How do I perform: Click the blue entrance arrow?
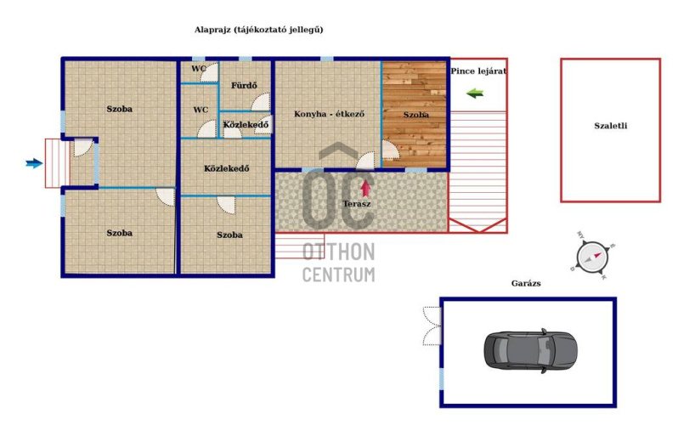(x=34, y=163)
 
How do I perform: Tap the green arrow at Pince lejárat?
(x=475, y=93)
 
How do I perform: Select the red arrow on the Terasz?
(x=366, y=188)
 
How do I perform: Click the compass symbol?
(x=592, y=258)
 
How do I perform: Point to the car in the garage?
(x=530, y=350)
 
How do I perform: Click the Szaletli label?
(x=611, y=126)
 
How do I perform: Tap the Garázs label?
(x=526, y=284)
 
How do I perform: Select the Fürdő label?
(x=244, y=85)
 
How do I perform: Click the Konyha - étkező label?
(x=329, y=114)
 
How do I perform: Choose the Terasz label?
(x=357, y=204)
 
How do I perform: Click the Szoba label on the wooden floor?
(x=416, y=115)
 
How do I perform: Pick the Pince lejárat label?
(x=478, y=71)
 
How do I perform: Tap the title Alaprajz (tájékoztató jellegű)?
(x=258, y=30)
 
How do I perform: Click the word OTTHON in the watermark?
(x=338, y=252)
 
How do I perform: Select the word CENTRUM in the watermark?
(x=338, y=275)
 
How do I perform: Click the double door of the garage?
(x=432, y=326)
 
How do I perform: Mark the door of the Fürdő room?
(x=261, y=103)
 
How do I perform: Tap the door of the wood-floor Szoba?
(x=391, y=150)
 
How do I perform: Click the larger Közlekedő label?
(x=227, y=168)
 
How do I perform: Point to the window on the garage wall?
(x=442, y=379)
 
